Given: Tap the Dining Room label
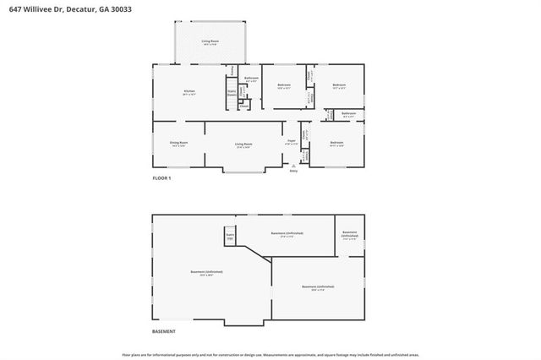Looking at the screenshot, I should tap(178, 144).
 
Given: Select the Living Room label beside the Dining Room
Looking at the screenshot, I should tap(244, 144).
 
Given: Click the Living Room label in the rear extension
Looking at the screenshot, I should tap(210, 41).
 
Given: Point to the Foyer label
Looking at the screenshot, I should tap(292, 142).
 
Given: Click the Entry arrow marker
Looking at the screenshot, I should tap(293, 166).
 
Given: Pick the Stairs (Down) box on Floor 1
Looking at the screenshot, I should tap(231, 95).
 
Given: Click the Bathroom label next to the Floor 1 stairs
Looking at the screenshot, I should tap(251, 79).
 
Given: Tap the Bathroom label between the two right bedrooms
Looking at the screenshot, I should tap(348, 113).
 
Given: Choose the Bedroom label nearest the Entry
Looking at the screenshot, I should tap(336, 143).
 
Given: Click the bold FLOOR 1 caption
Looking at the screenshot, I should tap(161, 178).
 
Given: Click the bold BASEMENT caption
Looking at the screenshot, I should tap(164, 331).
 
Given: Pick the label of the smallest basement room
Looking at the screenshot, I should tap(349, 233).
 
